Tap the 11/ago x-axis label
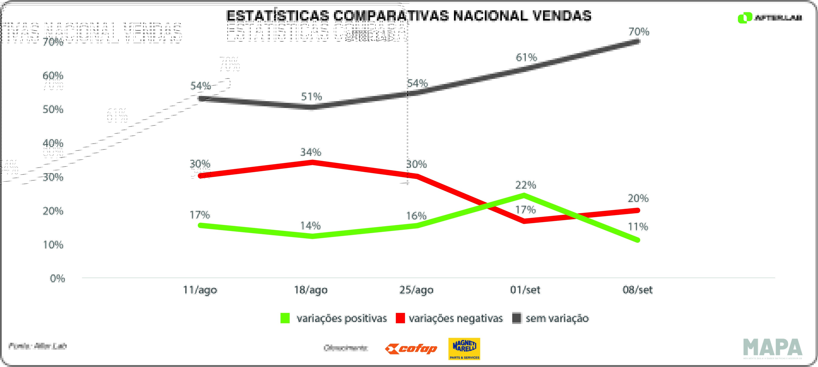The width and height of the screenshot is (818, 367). pos(200,290)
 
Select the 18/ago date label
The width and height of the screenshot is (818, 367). pos(310,290)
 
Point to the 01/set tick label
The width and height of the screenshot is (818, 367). pos(525,290)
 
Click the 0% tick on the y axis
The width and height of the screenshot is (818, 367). pos(57,279)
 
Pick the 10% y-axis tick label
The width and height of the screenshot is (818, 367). pos(53,245)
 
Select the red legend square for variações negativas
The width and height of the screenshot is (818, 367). pos(400,318)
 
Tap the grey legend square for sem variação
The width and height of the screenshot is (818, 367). pos(517,318)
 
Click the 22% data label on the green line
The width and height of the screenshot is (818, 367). pos(525,185)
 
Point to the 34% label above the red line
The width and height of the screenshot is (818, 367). pos(310,152)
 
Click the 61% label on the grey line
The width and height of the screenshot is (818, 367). pos(526,57)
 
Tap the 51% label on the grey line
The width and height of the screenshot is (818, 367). pos(311,97)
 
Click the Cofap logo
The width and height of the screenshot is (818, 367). pos(411,349)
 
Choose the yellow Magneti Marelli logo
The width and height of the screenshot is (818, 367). pos(464,349)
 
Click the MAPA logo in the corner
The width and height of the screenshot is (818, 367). pos(773,348)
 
